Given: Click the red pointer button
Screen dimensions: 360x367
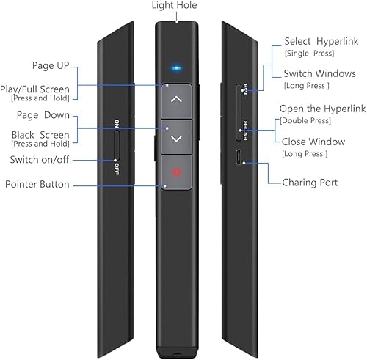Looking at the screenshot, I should pos(176,174).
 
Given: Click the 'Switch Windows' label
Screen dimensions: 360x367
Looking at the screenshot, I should pos(315,74).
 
